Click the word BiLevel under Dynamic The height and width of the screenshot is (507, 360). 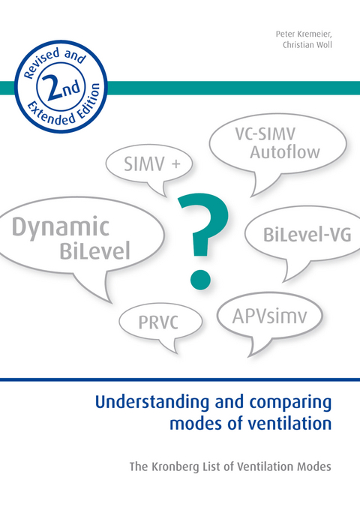click(95, 250)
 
